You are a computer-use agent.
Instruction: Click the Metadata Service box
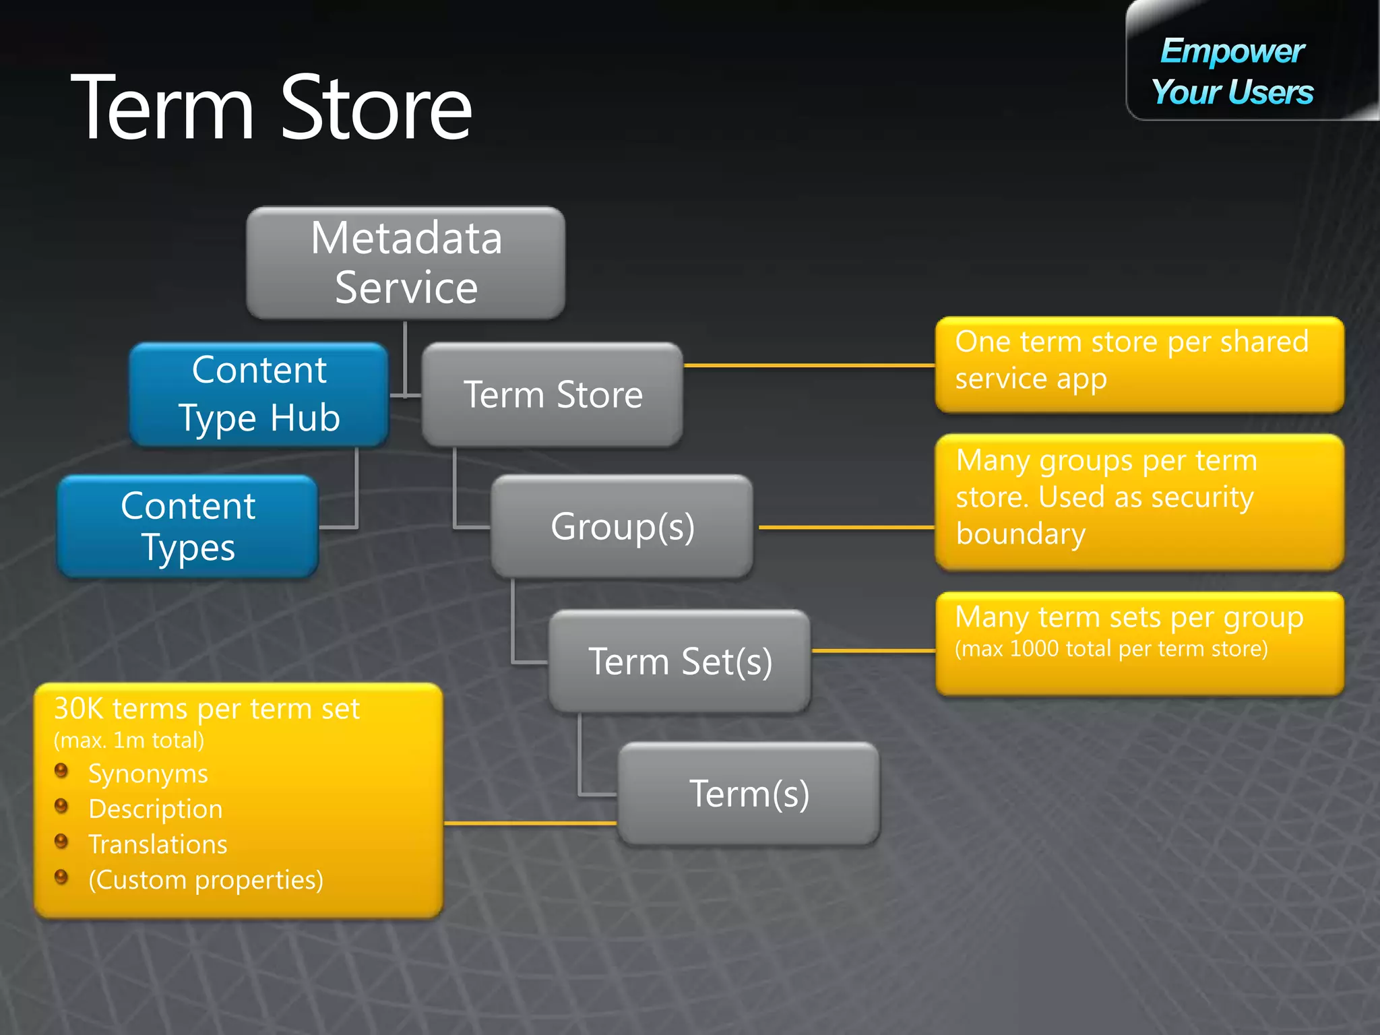[x=406, y=263]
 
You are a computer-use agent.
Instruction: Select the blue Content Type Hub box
[x=259, y=394]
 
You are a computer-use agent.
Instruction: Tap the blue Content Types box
[x=188, y=526]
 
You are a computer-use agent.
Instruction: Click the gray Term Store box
[x=553, y=394]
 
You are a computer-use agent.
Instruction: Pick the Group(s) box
[x=622, y=526]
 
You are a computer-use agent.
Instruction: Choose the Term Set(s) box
[x=680, y=661]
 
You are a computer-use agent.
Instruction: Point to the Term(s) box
[x=749, y=793]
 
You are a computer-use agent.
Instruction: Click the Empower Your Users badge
[x=1232, y=71]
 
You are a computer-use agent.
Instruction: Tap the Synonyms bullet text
[x=148, y=774]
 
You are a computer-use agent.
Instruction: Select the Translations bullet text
[x=158, y=844]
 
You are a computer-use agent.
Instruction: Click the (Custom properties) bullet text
[x=206, y=880]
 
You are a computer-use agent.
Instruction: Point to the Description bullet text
[x=155, y=809]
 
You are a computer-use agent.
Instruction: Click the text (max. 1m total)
[x=129, y=741]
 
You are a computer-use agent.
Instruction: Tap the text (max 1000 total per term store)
[x=1111, y=649]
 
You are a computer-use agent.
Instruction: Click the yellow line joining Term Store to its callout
[x=809, y=365]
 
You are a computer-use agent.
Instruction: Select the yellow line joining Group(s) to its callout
[x=846, y=528]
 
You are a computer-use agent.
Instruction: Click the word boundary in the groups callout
[x=1021, y=534]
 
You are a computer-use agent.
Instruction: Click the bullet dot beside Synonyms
[x=61, y=770]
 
